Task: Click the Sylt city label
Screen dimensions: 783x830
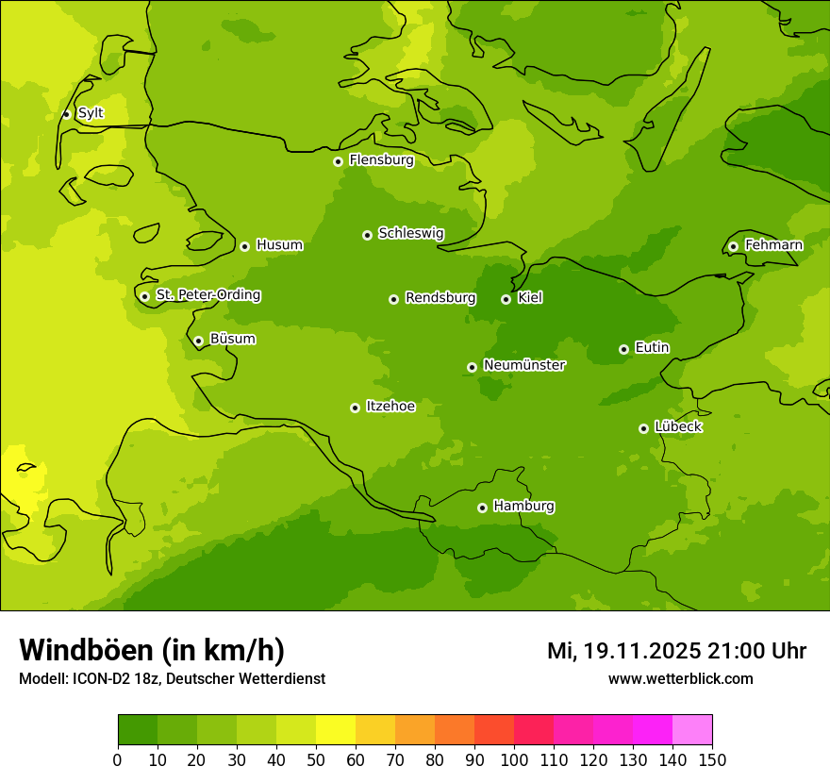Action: pyautogui.click(x=91, y=113)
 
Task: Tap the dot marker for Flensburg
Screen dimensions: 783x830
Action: pyautogui.click(x=338, y=161)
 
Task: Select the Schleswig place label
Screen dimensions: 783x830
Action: pyautogui.click(x=410, y=233)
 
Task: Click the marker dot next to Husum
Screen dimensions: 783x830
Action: pyautogui.click(x=244, y=246)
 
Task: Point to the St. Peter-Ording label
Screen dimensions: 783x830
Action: pyautogui.click(x=207, y=295)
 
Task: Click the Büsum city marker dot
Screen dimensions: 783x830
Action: pyautogui.click(x=198, y=341)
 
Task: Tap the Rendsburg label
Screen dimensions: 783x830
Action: pyautogui.click(x=440, y=298)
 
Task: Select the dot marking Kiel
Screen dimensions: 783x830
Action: pyautogui.click(x=506, y=299)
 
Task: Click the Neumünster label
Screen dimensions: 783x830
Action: pyautogui.click(x=524, y=365)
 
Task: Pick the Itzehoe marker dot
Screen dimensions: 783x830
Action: pyautogui.click(x=355, y=408)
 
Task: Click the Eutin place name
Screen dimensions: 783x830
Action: pyautogui.click(x=652, y=348)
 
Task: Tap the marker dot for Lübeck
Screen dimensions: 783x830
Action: pyautogui.click(x=643, y=428)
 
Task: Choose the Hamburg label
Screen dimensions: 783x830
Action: pyautogui.click(x=523, y=507)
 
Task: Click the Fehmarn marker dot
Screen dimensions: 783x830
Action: pyautogui.click(x=733, y=246)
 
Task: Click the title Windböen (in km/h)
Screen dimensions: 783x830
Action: pyautogui.click(x=152, y=651)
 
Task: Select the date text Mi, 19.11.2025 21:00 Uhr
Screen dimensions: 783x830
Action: pyautogui.click(x=676, y=651)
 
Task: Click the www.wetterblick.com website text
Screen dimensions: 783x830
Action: pyautogui.click(x=680, y=679)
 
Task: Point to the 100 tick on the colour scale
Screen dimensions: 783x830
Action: pyautogui.click(x=514, y=760)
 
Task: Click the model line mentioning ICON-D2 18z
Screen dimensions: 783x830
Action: pyautogui.click(x=172, y=679)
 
